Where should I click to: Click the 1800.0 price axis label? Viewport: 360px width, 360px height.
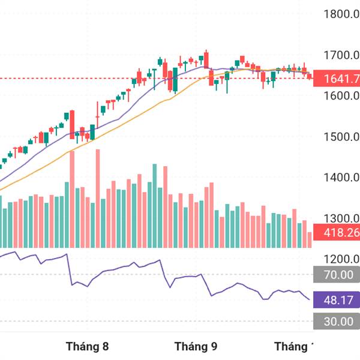point(340,14)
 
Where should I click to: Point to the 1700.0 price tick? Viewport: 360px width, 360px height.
point(340,55)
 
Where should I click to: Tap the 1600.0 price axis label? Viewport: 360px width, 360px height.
point(340,96)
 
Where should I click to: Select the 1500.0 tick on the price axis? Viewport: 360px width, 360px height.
point(340,137)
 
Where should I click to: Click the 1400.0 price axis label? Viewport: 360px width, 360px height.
point(340,178)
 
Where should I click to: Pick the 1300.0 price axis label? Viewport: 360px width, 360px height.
point(340,218)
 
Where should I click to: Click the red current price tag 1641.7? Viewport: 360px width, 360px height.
point(338,79)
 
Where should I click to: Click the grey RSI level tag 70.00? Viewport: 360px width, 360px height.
point(338,275)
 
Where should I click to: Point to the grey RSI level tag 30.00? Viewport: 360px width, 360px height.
point(338,322)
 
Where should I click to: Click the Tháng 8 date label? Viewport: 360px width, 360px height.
point(88,347)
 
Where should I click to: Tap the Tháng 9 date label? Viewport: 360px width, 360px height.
point(196,347)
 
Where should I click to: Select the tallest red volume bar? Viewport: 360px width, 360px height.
point(97,198)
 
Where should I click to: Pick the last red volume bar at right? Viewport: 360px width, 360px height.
point(310,239)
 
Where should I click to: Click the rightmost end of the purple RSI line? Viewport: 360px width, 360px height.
point(310,299)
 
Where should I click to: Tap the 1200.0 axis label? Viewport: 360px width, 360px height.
point(340,259)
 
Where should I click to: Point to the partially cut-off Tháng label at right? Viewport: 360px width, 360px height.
point(295,347)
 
